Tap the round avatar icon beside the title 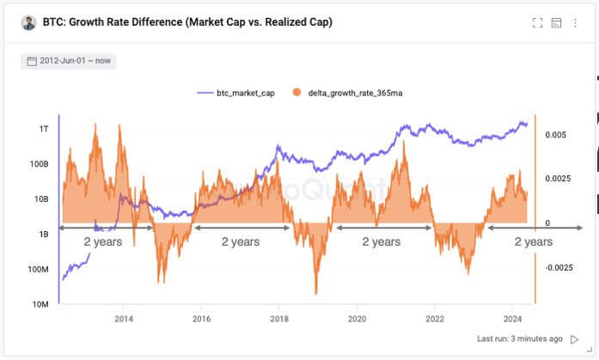click(x=28, y=22)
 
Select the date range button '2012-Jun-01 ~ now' click(x=68, y=61)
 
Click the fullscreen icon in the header click(x=538, y=22)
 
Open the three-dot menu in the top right click(x=575, y=22)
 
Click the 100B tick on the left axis click(x=40, y=163)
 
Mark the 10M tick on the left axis click(x=40, y=304)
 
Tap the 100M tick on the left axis click(x=38, y=269)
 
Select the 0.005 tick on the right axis click(x=556, y=135)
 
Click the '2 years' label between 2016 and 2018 click(x=240, y=242)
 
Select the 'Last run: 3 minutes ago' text click(x=520, y=339)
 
